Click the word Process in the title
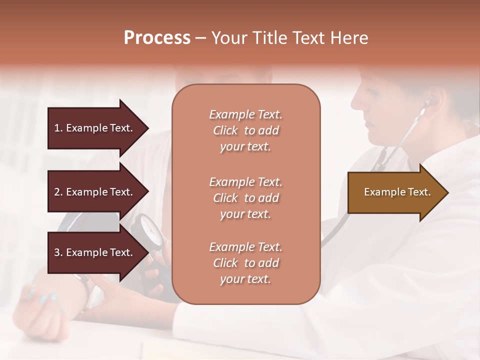(x=157, y=38)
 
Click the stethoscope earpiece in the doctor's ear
(x=426, y=104)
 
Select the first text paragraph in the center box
(x=245, y=130)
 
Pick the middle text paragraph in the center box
(x=245, y=198)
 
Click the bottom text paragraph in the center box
(x=245, y=263)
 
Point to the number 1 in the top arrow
(x=57, y=128)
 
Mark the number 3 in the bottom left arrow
(x=57, y=252)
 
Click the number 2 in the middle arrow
(x=57, y=192)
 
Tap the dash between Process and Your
(x=200, y=39)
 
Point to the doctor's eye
(x=371, y=92)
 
